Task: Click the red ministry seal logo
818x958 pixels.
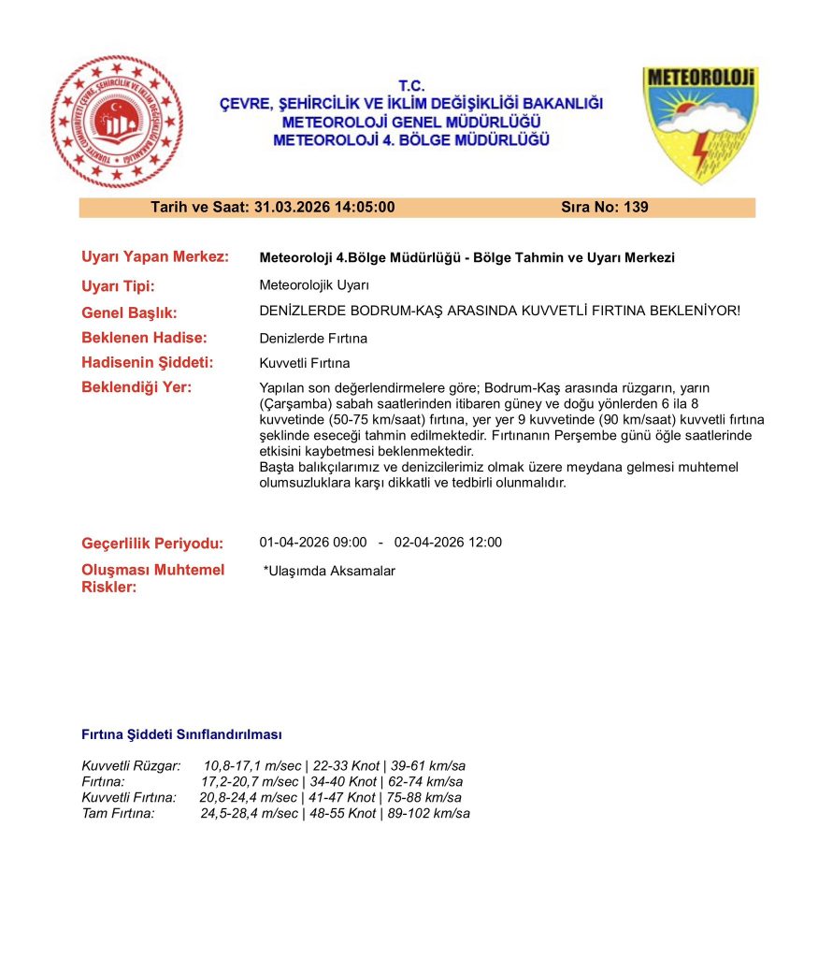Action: tap(117, 122)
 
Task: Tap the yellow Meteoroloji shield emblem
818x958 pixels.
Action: tap(699, 123)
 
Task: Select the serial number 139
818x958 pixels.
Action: tap(635, 208)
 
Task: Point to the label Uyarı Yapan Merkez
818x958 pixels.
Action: tap(155, 257)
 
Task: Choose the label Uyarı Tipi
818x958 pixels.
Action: tap(119, 286)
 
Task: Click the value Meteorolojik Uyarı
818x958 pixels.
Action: tap(315, 286)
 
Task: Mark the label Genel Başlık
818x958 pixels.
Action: tap(129, 312)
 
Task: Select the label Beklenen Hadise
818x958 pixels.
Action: tap(144, 338)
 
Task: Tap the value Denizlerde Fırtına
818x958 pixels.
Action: tap(313, 338)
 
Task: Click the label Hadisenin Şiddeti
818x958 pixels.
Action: tap(148, 363)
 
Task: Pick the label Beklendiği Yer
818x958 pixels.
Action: tap(136, 387)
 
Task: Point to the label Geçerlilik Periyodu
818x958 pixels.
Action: tap(152, 544)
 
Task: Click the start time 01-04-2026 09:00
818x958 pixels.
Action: tap(313, 543)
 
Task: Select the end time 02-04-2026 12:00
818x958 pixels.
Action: tap(448, 543)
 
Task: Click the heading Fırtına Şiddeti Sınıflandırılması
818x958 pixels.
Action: tap(181, 735)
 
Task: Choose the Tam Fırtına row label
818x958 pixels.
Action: tap(118, 814)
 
